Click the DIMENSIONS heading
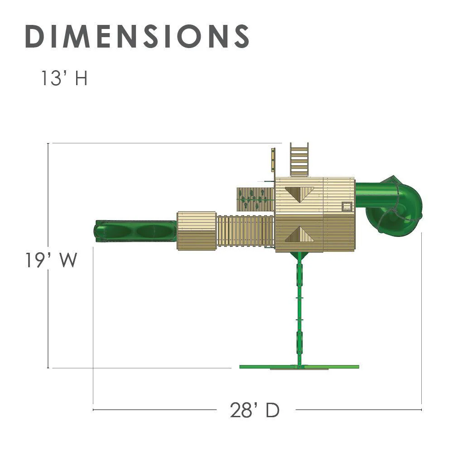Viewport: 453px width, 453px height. click(x=137, y=36)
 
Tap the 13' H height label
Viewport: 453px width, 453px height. click(x=64, y=78)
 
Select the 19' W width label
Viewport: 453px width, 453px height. click(x=51, y=260)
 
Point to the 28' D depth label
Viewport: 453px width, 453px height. click(x=255, y=410)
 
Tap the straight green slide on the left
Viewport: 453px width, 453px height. click(x=135, y=231)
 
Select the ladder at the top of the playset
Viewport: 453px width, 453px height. click(x=299, y=160)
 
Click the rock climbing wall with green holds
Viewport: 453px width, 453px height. click(x=255, y=199)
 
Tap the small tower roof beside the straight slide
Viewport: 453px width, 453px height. click(x=197, y=231)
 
